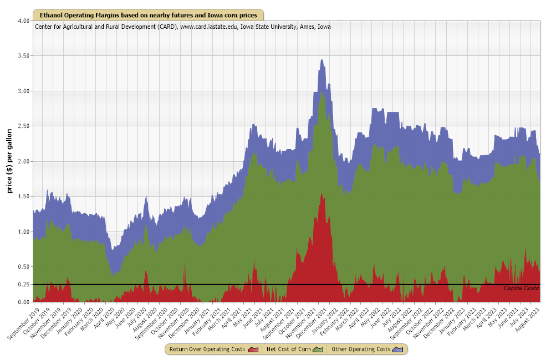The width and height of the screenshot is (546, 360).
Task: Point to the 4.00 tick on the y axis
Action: [x=23, y=20]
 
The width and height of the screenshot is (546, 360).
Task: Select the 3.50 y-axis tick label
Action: [x=23, y=56]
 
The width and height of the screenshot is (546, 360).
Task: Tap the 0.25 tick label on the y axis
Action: [x=23, y=285]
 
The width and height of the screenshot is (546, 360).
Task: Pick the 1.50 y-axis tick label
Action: [x=23, y=197]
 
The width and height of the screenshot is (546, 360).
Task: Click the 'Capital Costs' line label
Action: [x=521, y=289]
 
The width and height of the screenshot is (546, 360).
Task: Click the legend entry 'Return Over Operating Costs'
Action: [x=207, y=349]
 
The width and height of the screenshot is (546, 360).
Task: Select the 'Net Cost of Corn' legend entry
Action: [x=288, y=349]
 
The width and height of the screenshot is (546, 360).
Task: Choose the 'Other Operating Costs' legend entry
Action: [x=362, y=349]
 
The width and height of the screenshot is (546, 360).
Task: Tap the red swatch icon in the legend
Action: [x=254, y=349]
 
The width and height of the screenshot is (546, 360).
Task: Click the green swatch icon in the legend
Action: [x=319, y=349]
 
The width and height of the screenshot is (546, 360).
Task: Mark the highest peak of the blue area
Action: [x=322, y=60]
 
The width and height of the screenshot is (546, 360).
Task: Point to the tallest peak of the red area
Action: [x=322, y=194]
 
